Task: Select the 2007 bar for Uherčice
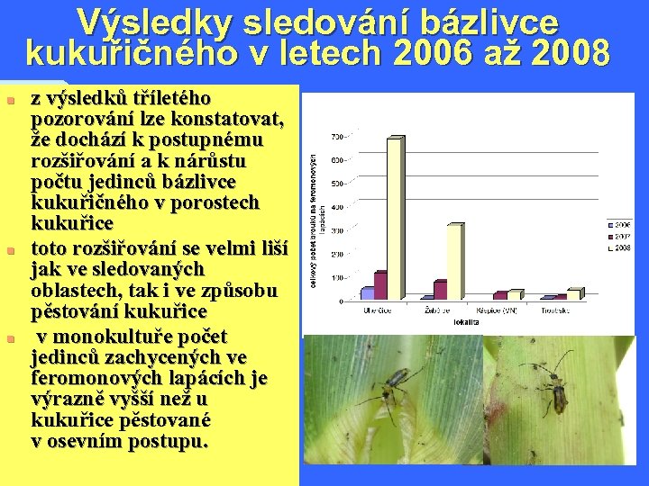coord(379,285)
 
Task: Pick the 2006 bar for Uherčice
coord(367,292)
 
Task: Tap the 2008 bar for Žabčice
coord(454,261)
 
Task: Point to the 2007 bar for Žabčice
coord(440,290)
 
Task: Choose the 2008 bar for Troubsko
coord(573,293)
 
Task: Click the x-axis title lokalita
coord(467,319)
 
